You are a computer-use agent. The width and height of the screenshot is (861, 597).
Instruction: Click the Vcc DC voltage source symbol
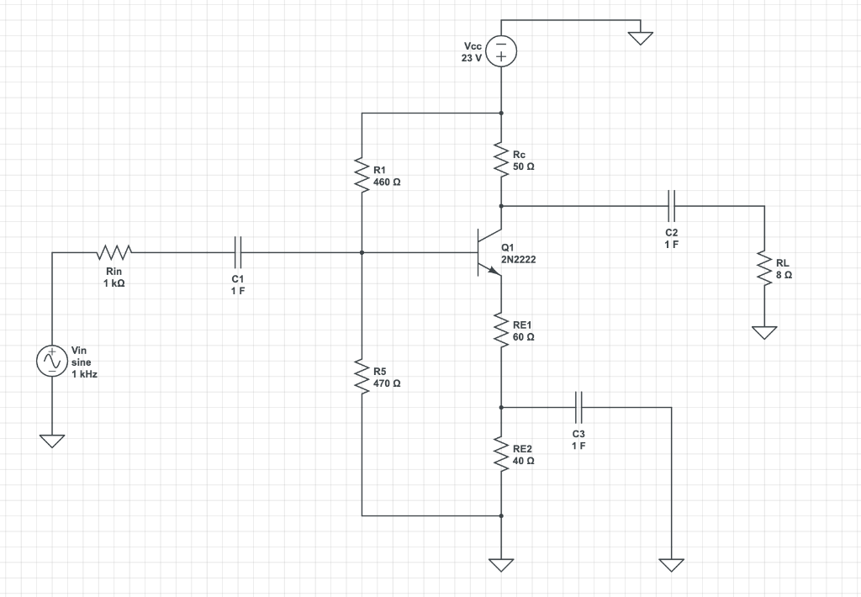501,50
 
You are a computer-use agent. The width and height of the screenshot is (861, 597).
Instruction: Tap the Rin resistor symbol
114,251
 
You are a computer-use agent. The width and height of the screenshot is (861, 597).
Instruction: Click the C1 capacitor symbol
238,251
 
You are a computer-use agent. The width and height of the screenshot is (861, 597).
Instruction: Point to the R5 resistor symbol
362,377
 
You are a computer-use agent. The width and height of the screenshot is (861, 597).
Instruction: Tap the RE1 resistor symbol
501,330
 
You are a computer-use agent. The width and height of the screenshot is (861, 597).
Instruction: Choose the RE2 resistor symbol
501,455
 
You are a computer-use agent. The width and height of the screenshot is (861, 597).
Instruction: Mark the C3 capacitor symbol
578,407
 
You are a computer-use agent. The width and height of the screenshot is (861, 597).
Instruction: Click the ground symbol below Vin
51,441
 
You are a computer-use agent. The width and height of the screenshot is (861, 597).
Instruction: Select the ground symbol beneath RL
764,332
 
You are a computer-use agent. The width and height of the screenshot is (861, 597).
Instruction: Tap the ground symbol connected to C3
671,563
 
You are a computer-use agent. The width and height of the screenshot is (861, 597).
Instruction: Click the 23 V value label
472,58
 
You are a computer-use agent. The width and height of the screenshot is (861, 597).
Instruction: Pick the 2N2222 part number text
518,260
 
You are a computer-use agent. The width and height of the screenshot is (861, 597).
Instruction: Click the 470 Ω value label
386,383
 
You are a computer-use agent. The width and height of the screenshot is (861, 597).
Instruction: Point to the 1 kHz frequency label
84,374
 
